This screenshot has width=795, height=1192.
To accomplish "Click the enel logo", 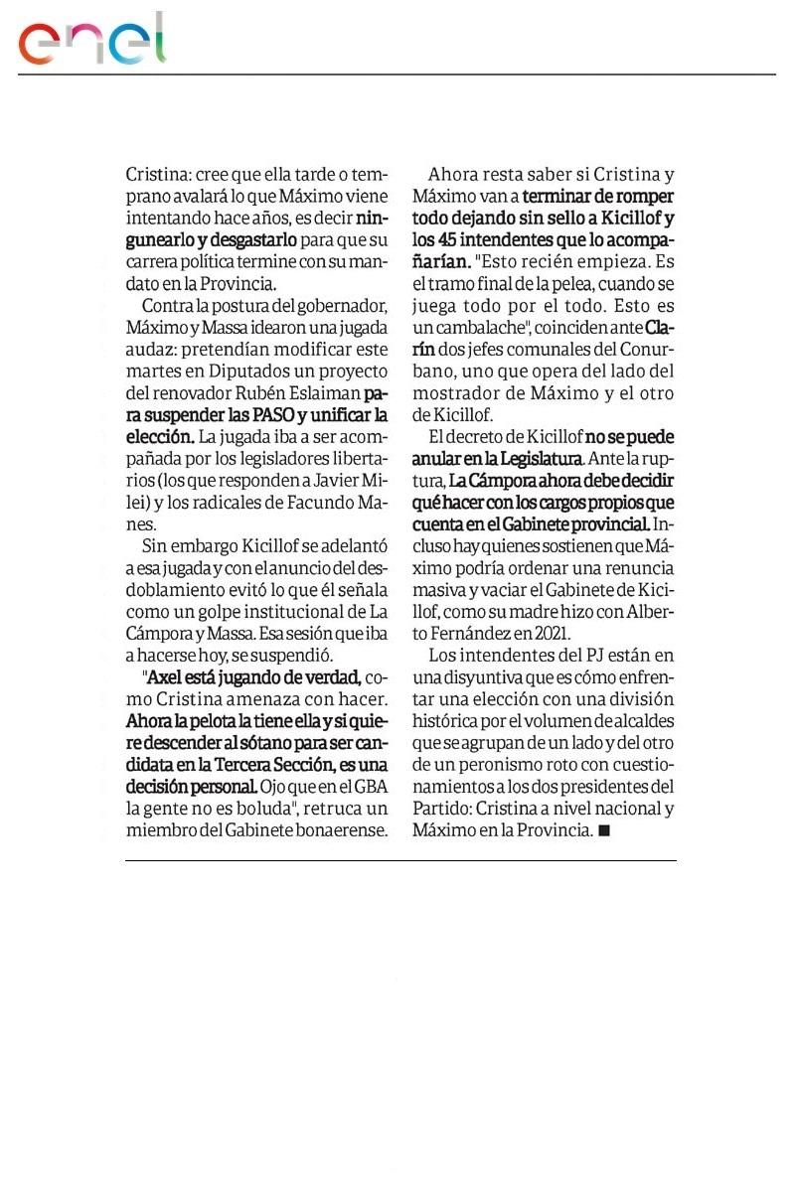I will (91, 42).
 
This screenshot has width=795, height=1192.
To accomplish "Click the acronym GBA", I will (367, 786).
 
